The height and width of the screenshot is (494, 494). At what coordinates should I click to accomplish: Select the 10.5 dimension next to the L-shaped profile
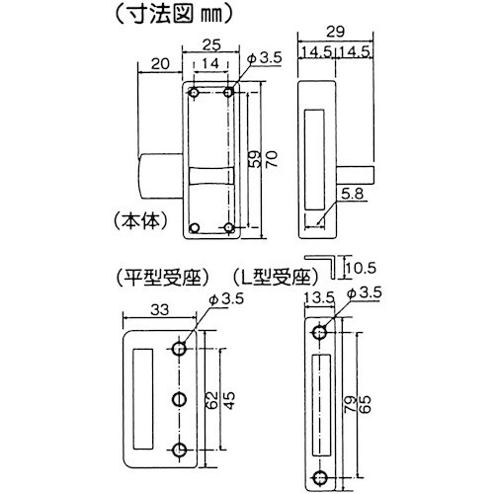click(366, 268)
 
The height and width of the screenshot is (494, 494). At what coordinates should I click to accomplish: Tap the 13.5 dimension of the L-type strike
click(318, 295)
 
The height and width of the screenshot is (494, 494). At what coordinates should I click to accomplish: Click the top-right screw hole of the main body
click(229, 93)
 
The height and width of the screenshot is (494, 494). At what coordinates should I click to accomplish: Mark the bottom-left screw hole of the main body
click(195, 228)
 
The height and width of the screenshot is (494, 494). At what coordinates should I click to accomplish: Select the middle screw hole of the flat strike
click(180, 400)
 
